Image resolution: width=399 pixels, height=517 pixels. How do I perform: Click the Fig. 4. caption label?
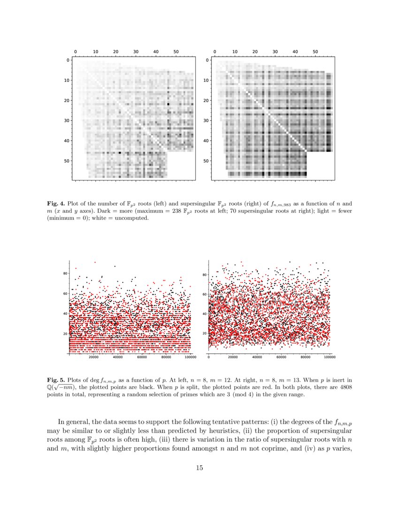tap(56, 204)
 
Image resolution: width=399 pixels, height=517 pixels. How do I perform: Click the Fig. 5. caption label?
tap(56, 379)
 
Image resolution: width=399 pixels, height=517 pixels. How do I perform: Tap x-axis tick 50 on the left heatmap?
tap(176, 51)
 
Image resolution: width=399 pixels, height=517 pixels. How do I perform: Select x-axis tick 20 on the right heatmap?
tap(255, 51)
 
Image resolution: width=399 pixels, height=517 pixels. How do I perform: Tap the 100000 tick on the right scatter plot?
tap(330, 357)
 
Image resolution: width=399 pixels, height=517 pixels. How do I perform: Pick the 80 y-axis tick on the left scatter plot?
tap(65, 273)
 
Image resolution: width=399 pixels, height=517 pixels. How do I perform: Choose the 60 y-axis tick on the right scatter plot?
tap(205, 294)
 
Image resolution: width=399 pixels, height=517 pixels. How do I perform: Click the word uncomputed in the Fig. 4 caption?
tap(128, 219)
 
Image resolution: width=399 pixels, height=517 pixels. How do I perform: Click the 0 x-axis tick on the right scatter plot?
tap(208, 357)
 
